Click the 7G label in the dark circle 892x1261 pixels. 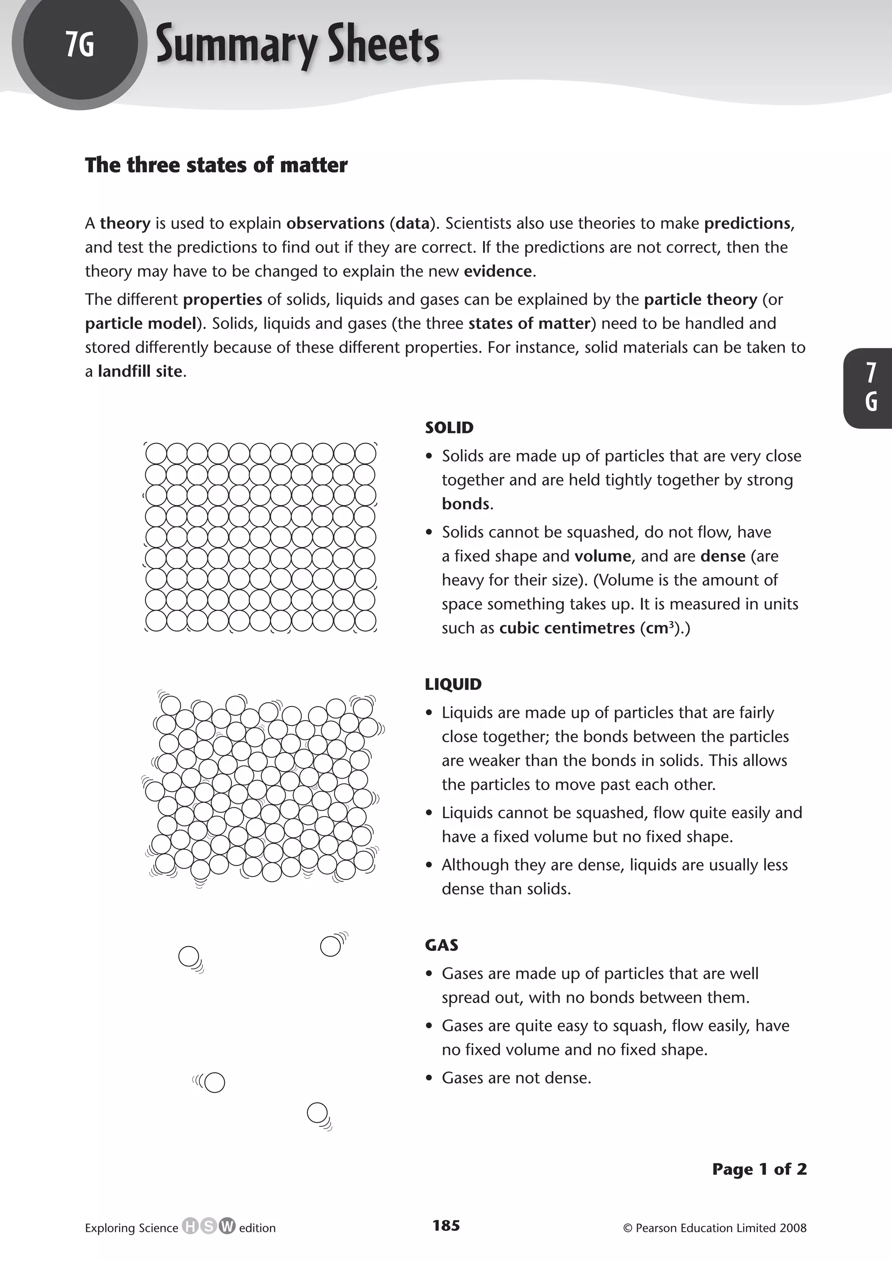click(x=80, y=44)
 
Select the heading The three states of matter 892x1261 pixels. click(x=216, y=165)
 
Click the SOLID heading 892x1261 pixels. click(x=449, y=427)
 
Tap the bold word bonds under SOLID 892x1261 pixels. click(x=465, y=504)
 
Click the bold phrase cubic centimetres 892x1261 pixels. click(x=566, y=628)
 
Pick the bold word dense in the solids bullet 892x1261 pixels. click(x=723, y=556)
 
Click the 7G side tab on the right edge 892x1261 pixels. click(x=871, y=388)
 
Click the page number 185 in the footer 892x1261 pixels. click(x=446, y=1225)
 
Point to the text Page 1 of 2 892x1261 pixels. click(x=759, y=1169)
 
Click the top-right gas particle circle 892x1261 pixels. click(x=330, y=946)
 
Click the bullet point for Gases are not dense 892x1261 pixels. click(x=429, y=1078)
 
